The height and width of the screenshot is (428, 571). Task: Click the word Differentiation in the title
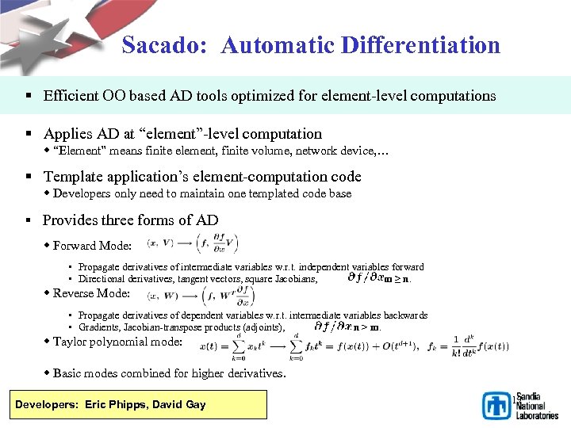click(421, 45)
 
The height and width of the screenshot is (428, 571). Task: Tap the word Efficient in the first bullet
click(72, 96)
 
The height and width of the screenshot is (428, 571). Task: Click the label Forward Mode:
click(92, 246)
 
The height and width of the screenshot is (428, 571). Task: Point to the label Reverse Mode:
click(91, 293)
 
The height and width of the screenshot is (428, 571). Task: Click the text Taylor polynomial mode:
click(117, 342)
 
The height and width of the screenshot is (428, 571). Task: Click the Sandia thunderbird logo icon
click(497, 405)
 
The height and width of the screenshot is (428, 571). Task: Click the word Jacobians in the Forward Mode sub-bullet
click(296, 279)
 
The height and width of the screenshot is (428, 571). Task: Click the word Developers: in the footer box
click(44, 404)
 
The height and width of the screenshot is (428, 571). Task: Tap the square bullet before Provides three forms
click(28, 220)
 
